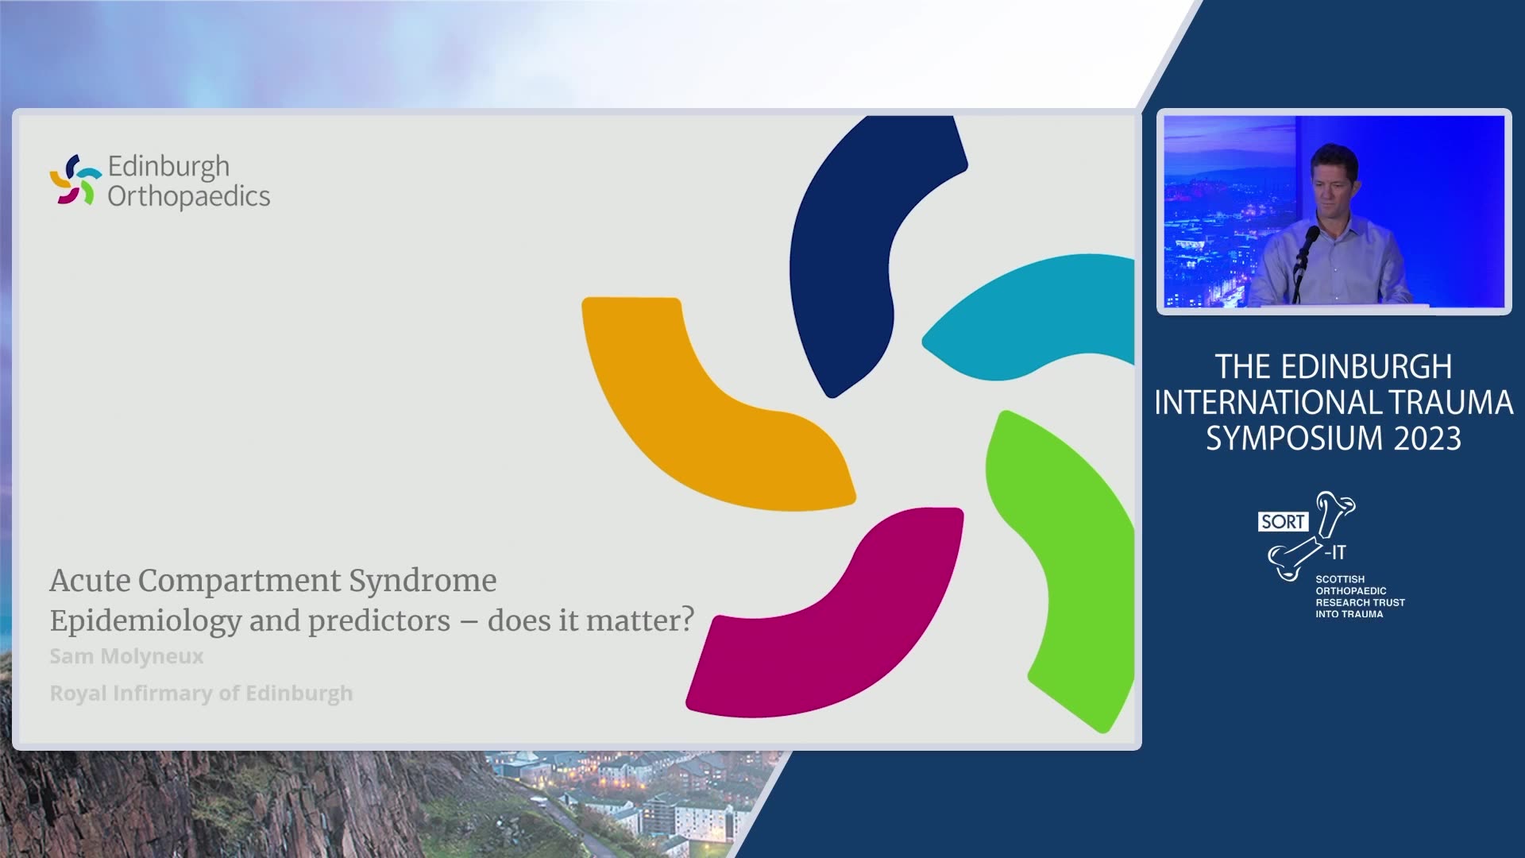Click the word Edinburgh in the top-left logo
(168, 168)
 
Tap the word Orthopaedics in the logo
(189, 196)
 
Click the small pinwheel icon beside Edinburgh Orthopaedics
(75, 180)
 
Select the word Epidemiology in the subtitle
(145, 621)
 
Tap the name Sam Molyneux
(126, 656)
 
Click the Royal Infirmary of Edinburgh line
(201, 694)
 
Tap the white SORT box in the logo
(1283, 521)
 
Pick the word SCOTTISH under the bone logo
(1340, 579)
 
